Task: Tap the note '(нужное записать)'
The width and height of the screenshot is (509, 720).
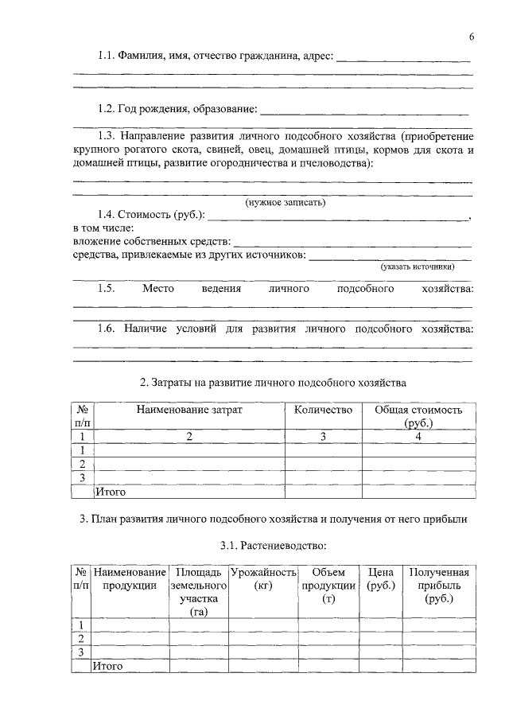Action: (285, 203)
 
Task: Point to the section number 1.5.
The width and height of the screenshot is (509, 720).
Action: (107, 289)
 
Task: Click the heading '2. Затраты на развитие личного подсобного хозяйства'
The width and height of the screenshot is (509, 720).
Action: (273, 382)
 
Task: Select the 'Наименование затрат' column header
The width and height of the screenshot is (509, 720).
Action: (189, 410)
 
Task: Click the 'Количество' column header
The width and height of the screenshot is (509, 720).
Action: (323, 410)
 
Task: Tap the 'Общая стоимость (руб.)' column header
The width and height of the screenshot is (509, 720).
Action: (418, 416)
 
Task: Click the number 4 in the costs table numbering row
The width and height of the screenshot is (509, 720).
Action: (418, 437)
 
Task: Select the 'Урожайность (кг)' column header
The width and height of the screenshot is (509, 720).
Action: (262, 579)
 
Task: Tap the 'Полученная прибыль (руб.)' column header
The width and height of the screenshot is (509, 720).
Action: (438, 586)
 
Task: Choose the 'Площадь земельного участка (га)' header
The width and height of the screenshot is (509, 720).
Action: (198, 592)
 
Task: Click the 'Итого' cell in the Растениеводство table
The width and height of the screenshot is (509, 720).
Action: (108, 666)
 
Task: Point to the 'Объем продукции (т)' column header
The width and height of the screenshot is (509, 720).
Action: (328, 586)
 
